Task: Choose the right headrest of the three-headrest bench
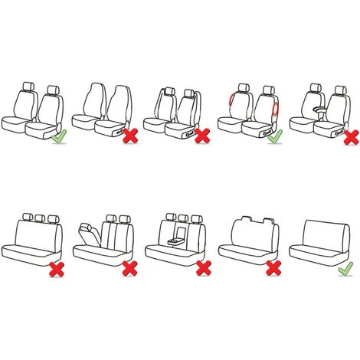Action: coord(52,218)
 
